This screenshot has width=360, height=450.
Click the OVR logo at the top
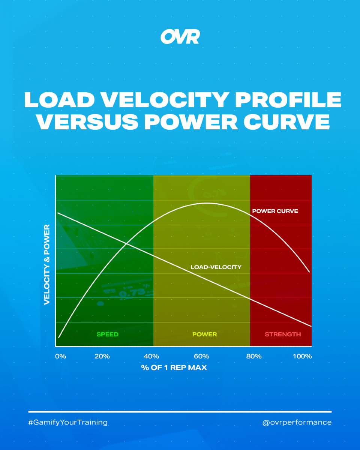(180, 37)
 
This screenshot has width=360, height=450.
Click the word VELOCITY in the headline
(161, 99)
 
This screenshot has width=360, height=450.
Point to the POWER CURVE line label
(275, 211)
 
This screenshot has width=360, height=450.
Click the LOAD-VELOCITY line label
(216, 267)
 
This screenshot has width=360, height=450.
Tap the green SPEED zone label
(107, 334)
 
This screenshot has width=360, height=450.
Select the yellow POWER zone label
(204, 334)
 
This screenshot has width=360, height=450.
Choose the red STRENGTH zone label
(283, 334)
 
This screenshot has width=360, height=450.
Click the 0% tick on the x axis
(60, 356)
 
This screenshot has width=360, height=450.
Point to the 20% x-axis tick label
(102, 356)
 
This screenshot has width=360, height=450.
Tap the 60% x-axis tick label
(203, 356)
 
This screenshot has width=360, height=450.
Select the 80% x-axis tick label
(254, 356)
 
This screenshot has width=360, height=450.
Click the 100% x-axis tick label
(302, 356)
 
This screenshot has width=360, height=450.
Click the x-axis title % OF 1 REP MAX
(174, 367)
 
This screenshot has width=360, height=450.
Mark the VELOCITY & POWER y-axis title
(47, 265)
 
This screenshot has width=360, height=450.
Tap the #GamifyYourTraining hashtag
(68, 423)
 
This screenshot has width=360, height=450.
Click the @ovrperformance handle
(297, 423)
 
